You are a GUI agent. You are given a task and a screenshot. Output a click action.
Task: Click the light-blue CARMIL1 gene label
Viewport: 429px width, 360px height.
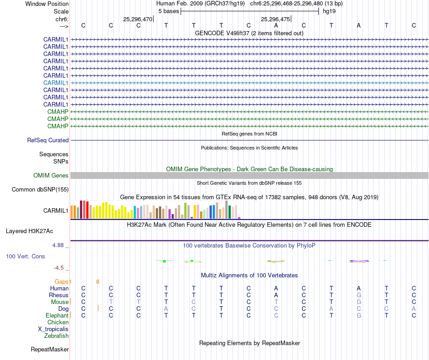click(x=56, y=83)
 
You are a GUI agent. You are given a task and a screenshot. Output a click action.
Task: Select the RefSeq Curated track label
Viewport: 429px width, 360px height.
click(x=48, y=140)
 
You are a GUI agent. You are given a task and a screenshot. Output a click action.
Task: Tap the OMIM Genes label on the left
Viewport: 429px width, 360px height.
click(x=51, y=175)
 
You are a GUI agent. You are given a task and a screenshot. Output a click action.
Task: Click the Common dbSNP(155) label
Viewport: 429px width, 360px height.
click(x=40, y=189)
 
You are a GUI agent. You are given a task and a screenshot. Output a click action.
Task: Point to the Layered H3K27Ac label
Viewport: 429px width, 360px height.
click(x=29, y=231)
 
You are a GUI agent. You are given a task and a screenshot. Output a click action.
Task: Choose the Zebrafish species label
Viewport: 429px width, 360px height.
click(x=56, y=336)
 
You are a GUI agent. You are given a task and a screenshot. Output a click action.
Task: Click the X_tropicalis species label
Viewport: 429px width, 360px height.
click(x=53, y=329)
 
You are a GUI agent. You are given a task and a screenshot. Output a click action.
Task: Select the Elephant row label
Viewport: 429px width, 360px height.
click(x=57, y=315)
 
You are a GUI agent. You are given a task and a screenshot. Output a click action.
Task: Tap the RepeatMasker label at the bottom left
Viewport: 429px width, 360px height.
click(x=50, y=349)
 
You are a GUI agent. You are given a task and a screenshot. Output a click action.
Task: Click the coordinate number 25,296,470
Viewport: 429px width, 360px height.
click(x=138, y=19)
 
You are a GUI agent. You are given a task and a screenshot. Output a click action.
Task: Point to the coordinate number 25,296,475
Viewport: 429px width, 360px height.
click(x=275, y=19)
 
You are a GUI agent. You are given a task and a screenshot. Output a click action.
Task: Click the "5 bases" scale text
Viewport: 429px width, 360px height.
click(x=168, y=11)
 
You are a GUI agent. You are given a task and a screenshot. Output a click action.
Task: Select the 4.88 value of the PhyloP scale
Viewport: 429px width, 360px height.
click(x=59, y=245)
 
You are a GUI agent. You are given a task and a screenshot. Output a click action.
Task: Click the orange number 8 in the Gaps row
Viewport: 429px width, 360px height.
click(x=98, y=281)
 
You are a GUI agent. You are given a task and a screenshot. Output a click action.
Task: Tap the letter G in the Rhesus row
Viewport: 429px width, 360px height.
click(x=359, y=295)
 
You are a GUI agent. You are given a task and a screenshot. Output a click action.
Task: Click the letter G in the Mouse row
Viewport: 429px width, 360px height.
click(x=359, y=302)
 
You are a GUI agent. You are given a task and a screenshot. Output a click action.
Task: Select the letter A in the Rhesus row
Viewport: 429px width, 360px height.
click(x=276, y=295)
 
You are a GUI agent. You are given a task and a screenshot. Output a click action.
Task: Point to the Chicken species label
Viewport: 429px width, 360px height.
click(x=58, y=322)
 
